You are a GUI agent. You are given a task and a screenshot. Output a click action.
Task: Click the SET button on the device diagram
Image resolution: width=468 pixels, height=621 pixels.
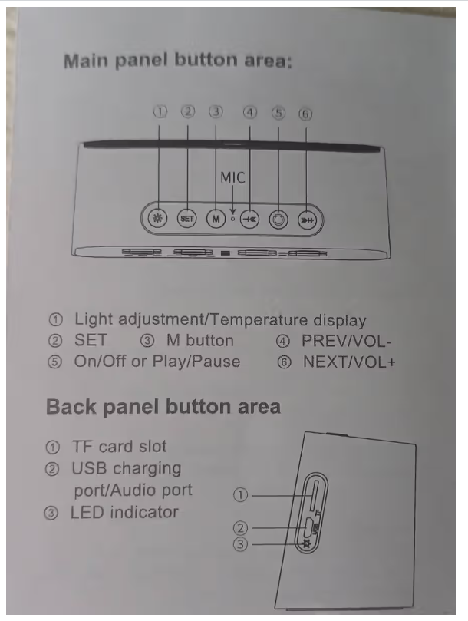(x=187, y=218)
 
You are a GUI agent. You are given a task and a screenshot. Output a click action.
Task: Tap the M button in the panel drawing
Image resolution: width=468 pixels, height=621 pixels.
(x=216, y=219)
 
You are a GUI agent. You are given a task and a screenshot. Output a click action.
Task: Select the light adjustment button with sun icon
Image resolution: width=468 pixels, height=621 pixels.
(x=157, y=218)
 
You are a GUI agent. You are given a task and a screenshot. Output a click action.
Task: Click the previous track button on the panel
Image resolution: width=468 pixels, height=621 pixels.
(x=250, y=219)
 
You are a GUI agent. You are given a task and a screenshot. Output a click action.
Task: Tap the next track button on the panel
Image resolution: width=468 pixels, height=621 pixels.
(x=307, y=220)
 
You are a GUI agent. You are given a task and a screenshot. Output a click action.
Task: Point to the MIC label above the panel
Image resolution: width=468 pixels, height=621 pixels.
(x=232, y=178)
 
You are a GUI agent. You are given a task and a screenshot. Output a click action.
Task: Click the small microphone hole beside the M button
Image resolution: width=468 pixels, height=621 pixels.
(x=232, y=218)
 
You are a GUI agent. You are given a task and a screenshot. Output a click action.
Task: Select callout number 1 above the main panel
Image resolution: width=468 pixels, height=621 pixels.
(x=160, y=112)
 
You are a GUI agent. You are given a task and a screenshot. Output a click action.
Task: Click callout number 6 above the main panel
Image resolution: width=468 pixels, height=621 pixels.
(x=305, y=114)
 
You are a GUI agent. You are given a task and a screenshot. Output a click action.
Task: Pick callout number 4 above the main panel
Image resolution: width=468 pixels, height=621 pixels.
(x=250, y=113)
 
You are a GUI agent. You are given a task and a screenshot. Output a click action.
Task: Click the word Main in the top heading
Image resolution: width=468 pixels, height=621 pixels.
(x=86, y=61)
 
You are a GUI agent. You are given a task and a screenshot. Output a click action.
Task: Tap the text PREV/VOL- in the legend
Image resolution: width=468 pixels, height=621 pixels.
(x=347, y=341)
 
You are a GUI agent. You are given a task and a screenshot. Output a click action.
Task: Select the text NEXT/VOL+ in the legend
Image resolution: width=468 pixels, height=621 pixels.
(x=349, y=362)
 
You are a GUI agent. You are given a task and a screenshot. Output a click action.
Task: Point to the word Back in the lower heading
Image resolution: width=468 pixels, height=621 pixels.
(x=71, y=407)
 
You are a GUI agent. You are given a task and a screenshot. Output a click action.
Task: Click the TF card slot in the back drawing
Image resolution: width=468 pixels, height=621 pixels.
(x=314, y=495)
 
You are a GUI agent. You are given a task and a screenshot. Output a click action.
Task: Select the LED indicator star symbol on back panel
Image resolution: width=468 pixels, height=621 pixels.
(x=305, y=543)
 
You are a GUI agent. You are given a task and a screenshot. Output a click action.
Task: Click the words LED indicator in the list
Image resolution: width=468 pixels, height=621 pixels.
(x=124, y=513)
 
